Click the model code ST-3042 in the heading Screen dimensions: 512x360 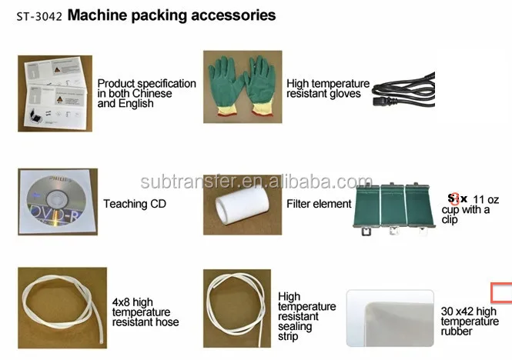click(x=38, y=15)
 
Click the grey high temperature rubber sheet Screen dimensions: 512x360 click(x=392, y=323)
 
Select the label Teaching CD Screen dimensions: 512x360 click(x=134, y=204)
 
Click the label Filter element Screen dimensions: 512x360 click(x=318, y=204)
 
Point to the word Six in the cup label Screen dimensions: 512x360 click(x=457, y=198)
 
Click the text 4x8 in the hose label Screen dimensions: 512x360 click(x=122, y=302)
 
